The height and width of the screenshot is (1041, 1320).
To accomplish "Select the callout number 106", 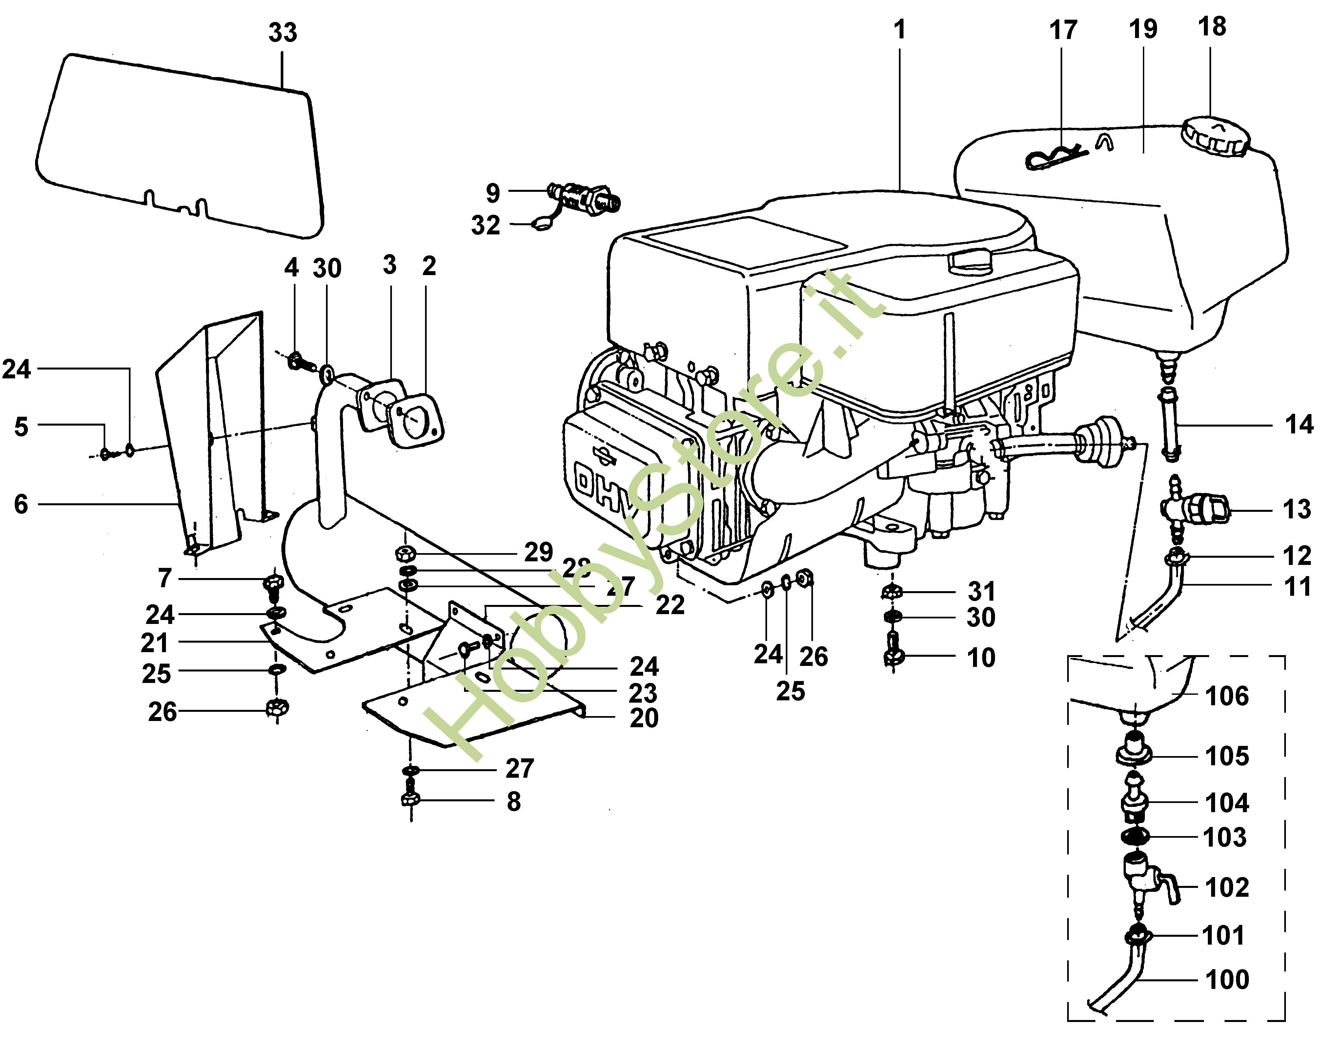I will point(1227,696).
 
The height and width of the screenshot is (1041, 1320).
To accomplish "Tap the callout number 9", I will point(493,193).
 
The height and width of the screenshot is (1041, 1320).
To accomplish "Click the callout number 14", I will point(1299,424).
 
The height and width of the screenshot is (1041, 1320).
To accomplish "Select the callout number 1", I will point(899,29).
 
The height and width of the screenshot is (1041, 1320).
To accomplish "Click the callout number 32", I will point(485,226).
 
